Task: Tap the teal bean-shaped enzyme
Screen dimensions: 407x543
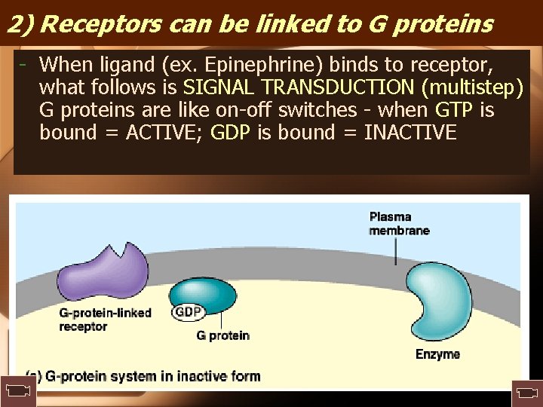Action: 442,305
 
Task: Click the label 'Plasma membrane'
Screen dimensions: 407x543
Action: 399,224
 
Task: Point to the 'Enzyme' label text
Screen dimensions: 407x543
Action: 437,354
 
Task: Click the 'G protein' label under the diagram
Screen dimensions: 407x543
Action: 222,335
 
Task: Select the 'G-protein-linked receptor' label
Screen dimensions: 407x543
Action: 105,320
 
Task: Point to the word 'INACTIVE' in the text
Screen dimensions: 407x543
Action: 410,133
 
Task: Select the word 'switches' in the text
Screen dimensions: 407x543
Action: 318,110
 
